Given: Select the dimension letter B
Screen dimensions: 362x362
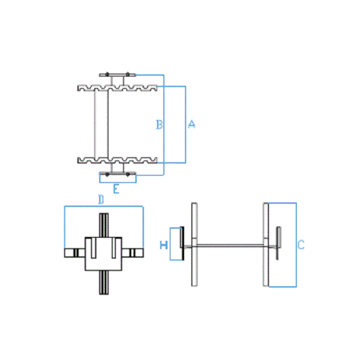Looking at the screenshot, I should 159,125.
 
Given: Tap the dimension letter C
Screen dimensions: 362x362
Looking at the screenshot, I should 301,245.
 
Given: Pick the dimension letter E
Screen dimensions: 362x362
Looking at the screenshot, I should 116,189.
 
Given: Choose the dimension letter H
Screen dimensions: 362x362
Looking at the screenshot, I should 164,245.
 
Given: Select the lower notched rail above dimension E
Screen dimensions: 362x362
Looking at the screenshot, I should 118,160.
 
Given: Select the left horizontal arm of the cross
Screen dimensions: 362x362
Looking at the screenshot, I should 75,253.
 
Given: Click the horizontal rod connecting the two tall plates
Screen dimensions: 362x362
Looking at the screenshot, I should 230,246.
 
